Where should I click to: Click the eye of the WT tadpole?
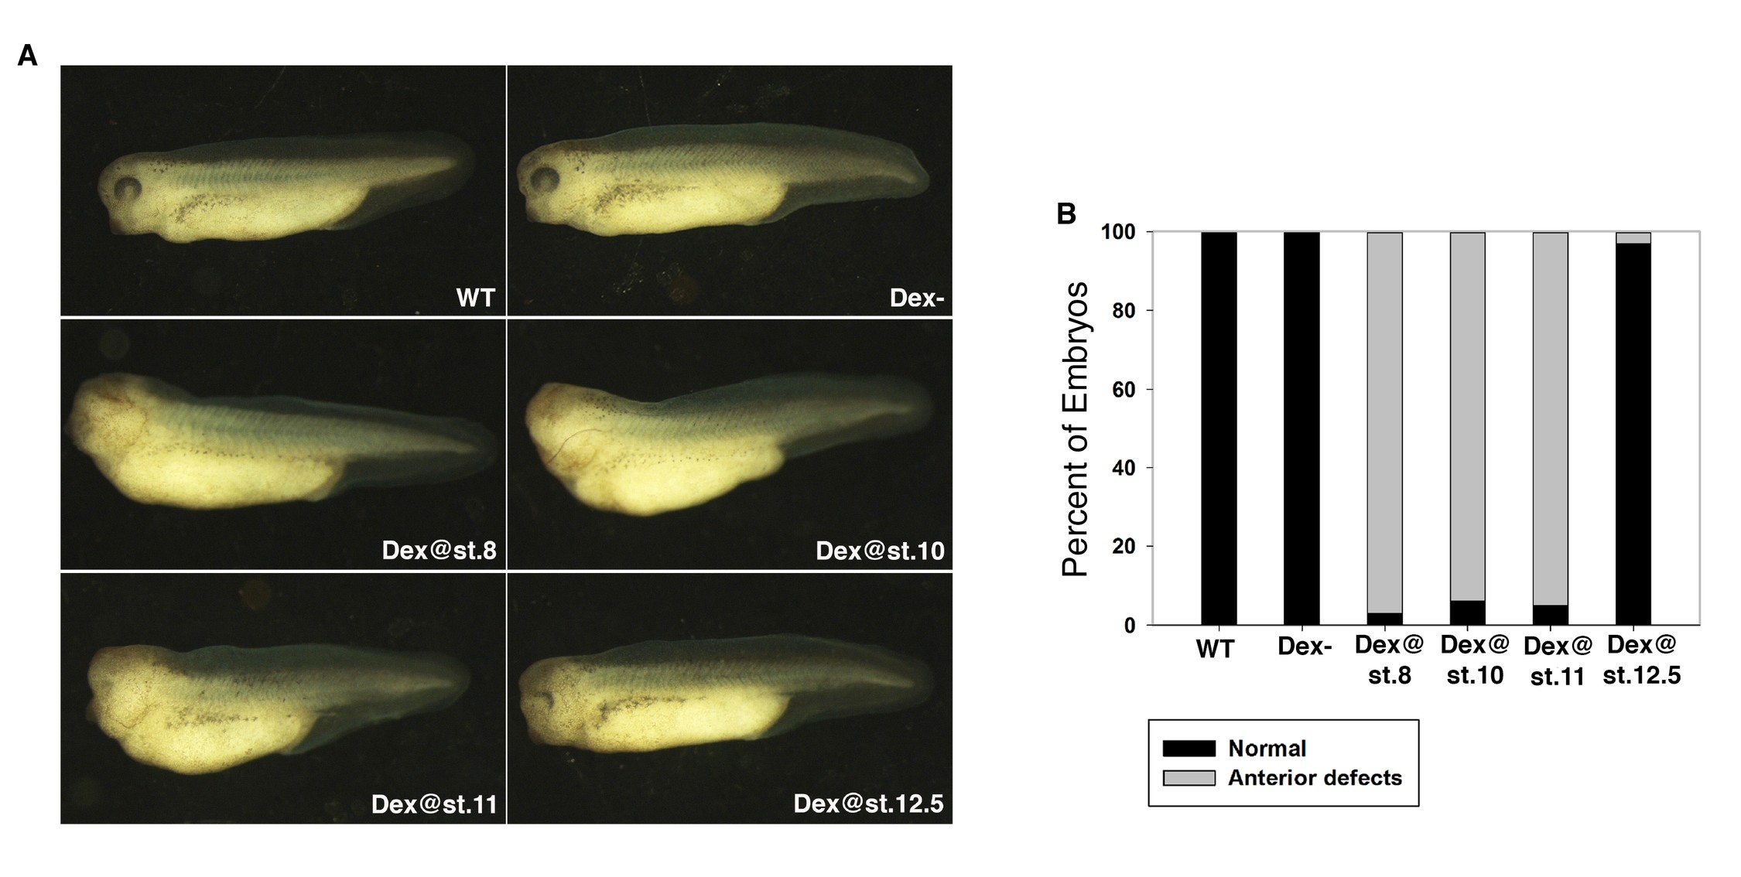coord(128,188)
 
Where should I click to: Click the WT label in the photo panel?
coord(475,298)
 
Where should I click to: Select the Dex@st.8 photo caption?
coord(439,551)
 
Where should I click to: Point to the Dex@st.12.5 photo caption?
coord(868,804)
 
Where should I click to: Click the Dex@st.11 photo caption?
coord(433,804)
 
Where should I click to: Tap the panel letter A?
coord(28,56)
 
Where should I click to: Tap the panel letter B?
coord(1066,214)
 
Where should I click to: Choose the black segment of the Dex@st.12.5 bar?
coord(1633,433)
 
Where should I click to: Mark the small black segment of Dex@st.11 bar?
coord(1550,615)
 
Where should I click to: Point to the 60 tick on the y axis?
coord(1124,390)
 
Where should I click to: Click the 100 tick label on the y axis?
coord(1118,232)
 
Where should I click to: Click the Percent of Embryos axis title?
coord(1076,429)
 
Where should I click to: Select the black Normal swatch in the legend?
coord(1189,749)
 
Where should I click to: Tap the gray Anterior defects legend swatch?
coord(1189,778)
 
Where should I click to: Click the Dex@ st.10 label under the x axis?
coord(1475,660)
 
